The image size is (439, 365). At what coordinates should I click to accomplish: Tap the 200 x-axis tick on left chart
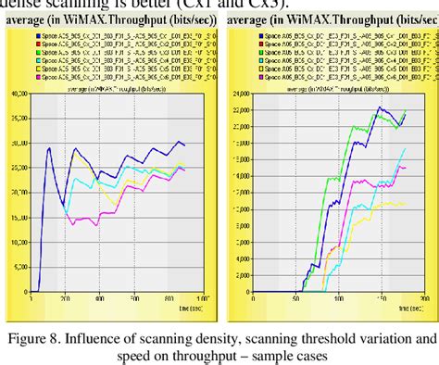point(66,299)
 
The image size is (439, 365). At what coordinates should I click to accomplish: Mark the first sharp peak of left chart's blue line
point(49,147)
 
